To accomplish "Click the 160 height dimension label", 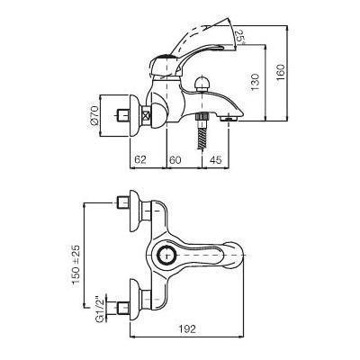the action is tap(281, 72).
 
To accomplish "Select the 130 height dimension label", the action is tap(255, 82).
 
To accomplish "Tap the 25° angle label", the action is tap(240, 37).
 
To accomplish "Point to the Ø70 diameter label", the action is tap(94, 115).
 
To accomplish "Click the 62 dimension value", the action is tap(140, 159).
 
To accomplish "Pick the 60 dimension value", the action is tap(175, 159).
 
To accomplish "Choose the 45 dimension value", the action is tap(216, 159).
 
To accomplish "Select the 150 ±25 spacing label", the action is tap(76, 265).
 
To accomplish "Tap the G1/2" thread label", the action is tap(100, 310).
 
